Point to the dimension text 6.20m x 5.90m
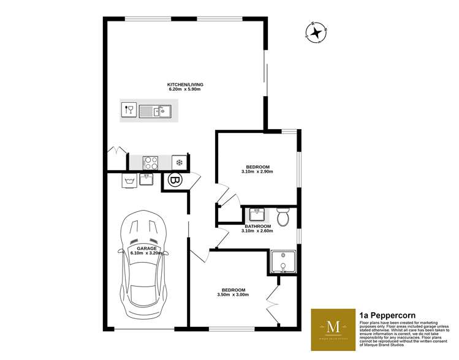pyautogui.click(x=185, y=90)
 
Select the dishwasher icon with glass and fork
pyautogui.click(x=129, y=111)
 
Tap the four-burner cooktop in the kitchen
pyautogui.click(x=151, y=162)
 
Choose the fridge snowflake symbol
pyautogui.click(x=179, y=162)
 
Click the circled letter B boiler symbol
pyautogui.click(x=174, y=181)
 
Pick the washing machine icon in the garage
pyautogui.click(x=129, y=181)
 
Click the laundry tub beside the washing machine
pyautogui.click(x=147, y=179)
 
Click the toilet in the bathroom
pyautogui.click(x=283, y=216)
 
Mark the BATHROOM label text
pyautogui.click(x=257, y=226)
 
